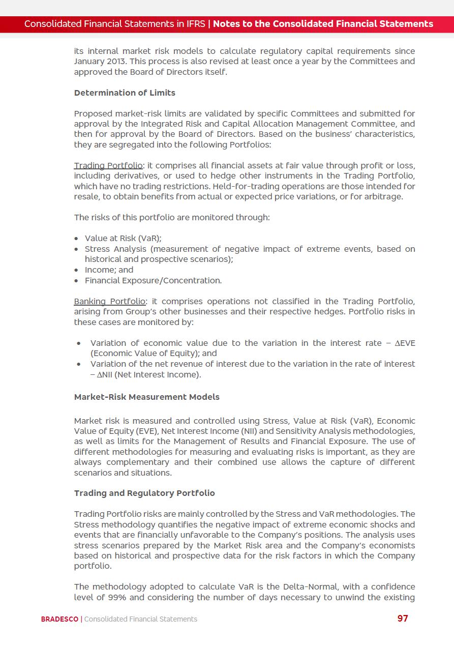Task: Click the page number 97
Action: coord(403,619)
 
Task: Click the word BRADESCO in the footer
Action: coord(59,619)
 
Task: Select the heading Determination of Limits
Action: coord(125,93)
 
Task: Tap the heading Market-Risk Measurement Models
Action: coord(147,397)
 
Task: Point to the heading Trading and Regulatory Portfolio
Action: coord(144,493)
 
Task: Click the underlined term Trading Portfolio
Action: coord(108,165)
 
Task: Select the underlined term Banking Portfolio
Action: coord(110,301)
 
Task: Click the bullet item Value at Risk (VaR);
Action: coord(123,238)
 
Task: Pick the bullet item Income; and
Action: coord(109,270)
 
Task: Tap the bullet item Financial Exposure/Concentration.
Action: coord(153,280)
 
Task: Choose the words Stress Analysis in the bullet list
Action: coord(116,249)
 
